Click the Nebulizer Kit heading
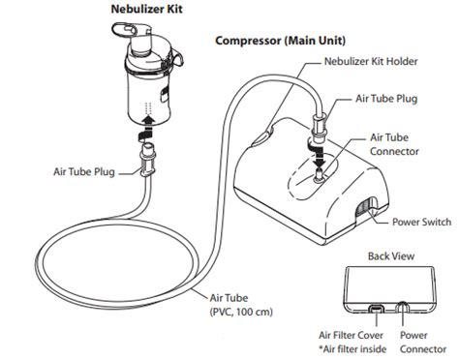146,9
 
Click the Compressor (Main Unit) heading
280,41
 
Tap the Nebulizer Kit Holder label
371,61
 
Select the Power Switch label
421,222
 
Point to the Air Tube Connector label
394,144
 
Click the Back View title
391,256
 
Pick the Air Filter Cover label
351,335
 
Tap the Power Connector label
423,342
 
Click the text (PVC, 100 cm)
241,312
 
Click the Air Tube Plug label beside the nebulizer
84,171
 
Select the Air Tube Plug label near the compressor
386,99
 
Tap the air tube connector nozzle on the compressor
319,175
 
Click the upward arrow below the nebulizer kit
146,129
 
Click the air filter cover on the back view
377,309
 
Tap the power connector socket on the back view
402,307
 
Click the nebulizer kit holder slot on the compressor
263,136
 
